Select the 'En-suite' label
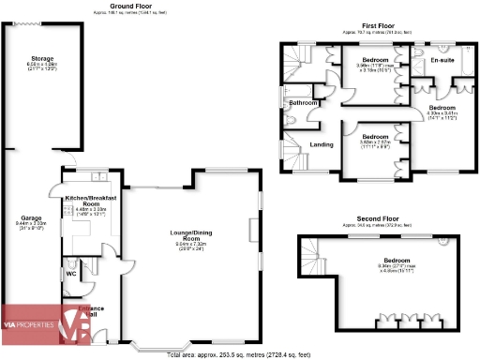point(442,61)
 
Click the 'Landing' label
point(322,144)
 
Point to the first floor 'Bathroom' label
point(303,102)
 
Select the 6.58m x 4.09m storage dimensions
point(43,65)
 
